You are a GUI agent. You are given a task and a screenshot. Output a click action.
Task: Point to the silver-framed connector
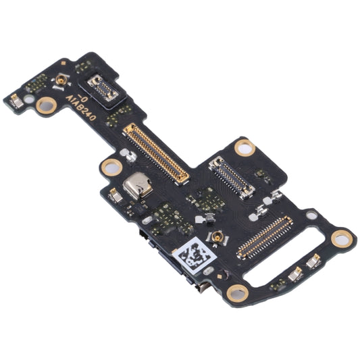[x=231, y=176]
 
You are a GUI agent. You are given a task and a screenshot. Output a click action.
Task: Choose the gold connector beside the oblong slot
[x=263, y=237]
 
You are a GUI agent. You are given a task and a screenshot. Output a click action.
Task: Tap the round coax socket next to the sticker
[x=220, y=236]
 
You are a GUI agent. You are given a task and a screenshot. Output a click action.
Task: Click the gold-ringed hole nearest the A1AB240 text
[x=47, y=104]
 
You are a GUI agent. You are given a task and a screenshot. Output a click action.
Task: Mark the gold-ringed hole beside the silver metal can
[x=110, y=165]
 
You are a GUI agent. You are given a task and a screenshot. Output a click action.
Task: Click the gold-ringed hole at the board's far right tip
[x=342, y=237]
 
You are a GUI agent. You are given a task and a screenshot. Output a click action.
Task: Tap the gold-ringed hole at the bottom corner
[x=236, y=292]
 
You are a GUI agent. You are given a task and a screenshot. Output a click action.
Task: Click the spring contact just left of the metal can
[x=115, y=195]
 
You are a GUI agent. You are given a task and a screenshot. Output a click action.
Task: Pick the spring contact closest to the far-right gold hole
[x=315, y=263]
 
